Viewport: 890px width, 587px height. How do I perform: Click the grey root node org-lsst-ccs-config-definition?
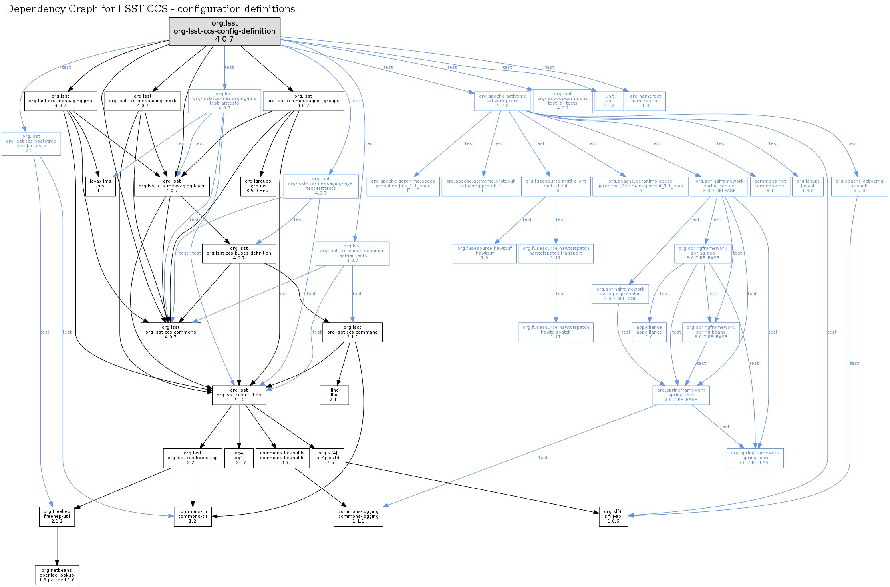click(224, 31)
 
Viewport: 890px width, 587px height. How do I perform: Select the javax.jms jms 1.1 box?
click(100, 186)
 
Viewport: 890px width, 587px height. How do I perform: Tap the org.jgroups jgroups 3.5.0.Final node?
click(258, 186)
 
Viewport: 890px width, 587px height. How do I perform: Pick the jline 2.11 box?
click(334, 395)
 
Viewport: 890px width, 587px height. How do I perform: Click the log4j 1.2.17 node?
click(239, 458)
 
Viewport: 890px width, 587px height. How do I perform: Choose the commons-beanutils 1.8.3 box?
click(282, 458)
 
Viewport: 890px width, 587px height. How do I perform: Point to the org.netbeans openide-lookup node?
click(57, 575)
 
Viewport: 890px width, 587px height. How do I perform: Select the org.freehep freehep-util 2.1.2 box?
click(57, 516)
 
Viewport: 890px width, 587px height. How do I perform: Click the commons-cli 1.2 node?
click(193, 516)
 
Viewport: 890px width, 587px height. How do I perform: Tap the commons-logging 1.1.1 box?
click(358, 516)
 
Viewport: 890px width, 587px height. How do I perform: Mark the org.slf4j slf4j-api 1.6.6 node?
click(613, 516)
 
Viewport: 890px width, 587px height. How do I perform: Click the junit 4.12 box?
click(609, 101)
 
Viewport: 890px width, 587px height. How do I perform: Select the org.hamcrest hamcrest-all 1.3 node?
click(645, 101)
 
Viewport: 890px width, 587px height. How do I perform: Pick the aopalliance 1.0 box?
click(649, 332)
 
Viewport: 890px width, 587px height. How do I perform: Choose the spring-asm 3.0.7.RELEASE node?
click(755, 458)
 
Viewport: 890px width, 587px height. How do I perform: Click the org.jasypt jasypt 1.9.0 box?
click(808, 186)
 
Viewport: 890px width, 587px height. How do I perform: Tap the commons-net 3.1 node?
click(770, 186)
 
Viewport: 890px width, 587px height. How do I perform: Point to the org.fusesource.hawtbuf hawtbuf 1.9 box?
click(484, 253)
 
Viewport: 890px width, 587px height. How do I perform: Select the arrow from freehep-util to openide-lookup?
click(57, 545)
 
